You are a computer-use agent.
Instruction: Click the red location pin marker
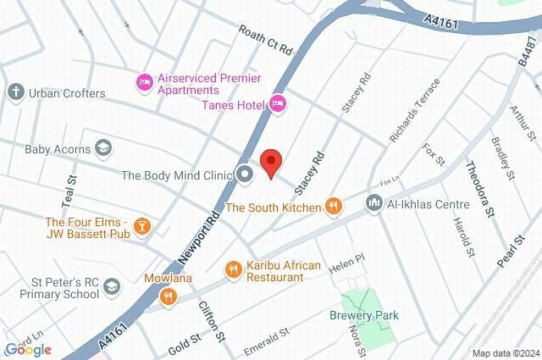coord(270,163)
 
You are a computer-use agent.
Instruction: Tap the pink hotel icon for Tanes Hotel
coord(278,103)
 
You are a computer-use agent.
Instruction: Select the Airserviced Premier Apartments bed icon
coord(144,82)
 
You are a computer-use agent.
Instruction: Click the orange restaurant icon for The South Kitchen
coord(335,206)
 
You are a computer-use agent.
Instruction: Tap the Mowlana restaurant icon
coord(168,296)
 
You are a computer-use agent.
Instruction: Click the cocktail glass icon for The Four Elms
coord(143,226)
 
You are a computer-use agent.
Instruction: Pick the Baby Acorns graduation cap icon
coord(102,148)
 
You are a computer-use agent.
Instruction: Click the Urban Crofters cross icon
coord(15,91)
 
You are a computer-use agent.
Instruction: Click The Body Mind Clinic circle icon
coord(246,175)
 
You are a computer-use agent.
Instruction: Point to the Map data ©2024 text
coord(505,353)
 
